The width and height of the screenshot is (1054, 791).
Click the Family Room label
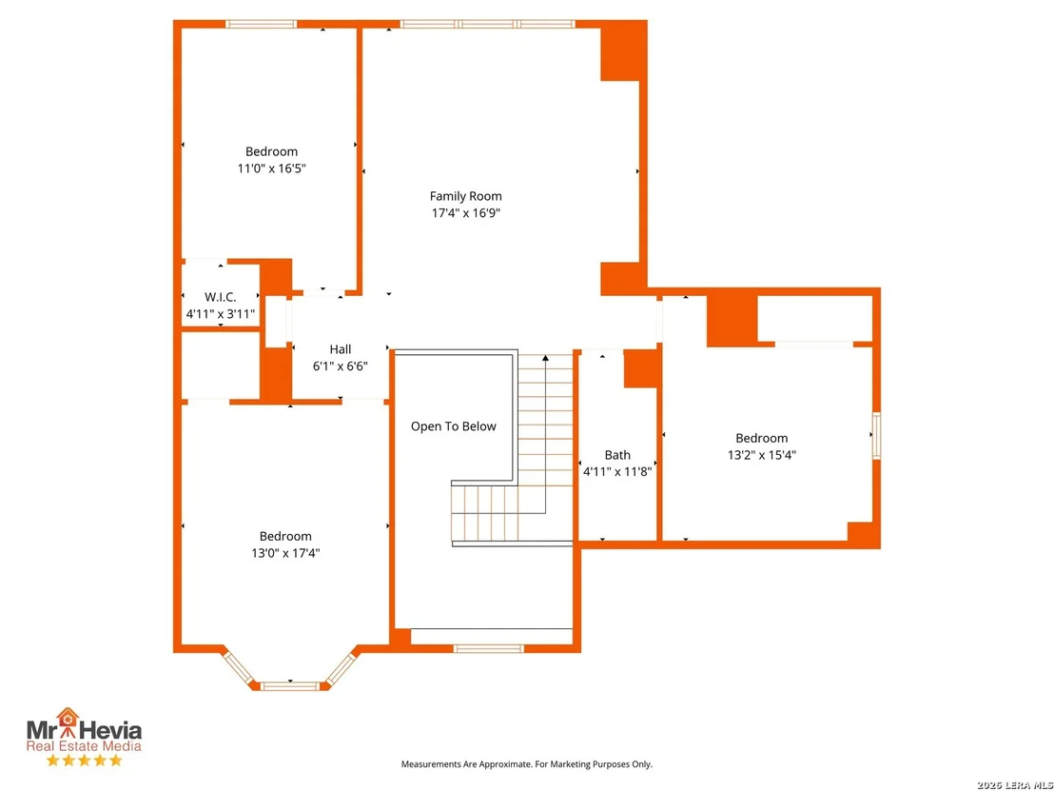466,196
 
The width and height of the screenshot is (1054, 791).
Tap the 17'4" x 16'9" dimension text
466,213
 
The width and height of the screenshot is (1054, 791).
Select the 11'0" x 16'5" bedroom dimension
271,168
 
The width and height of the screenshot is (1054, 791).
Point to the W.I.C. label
221,297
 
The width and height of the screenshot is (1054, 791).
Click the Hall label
341,349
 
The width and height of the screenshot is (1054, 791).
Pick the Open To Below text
454,426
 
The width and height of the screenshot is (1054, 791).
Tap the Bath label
617,455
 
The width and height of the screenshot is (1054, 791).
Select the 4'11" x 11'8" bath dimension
617,472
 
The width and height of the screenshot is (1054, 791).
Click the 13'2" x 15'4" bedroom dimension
762,455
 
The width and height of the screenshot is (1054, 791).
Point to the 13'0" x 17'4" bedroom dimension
285,553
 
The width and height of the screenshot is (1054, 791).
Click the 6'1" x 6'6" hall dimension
341,366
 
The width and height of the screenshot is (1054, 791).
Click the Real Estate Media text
84,746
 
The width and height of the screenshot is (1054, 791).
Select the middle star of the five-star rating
84,760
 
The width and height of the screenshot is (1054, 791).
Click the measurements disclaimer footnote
526,764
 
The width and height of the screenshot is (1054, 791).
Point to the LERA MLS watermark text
1015,785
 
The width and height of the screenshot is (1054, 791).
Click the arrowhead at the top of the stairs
545,358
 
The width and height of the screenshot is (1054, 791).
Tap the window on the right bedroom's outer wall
876,436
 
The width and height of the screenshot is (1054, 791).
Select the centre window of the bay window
290,686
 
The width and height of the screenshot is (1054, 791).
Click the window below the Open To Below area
488,649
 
